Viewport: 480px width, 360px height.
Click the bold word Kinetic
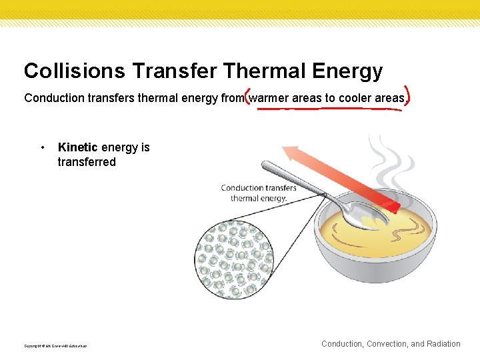pos(78,147)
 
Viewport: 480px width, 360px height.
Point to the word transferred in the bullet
pos(87,162)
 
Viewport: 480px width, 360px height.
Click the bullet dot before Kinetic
pos(43,147)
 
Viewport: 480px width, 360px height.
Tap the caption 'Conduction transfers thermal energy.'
pos(259,193)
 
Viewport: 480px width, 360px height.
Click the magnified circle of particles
pos(234,259)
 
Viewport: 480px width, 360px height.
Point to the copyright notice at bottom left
pos(55,346)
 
